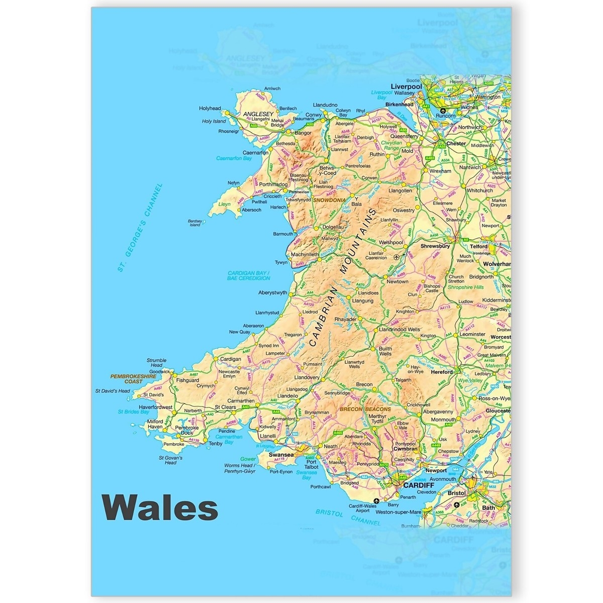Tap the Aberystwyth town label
pyautogui.click(x=272, y=292)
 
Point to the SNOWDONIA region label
pyautogui.click(x=329, y=200)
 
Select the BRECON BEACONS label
pyautogui.click(x=365, y=410)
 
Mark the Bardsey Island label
pyautogui.click(x=194, y=223)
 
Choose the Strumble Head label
pyautogui.click(x=156, y=363)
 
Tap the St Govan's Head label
pyautogui.click(x=170, y=460)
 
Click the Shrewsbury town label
pyautogui.click(x=436, y=246)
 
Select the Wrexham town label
pyautogui.click(x=440, y=171)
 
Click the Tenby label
pyautogui.click(x=215, y=444)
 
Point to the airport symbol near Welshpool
pyautogui.click(x=397, y=257)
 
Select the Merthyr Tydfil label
pyautogui.click(x=377, y=419)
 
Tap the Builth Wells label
pyautogui.click(x=385, y=351)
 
